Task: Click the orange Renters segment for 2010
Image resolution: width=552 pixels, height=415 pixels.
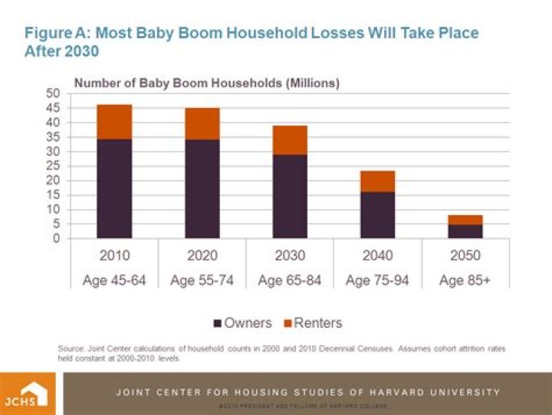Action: [x=113, y=122]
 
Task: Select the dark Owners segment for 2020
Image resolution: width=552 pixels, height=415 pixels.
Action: [x=202, y=188]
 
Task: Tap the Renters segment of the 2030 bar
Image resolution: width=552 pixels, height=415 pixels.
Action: [x=289, y=140]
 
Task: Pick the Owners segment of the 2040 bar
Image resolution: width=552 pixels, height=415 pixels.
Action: [x=377, y=215]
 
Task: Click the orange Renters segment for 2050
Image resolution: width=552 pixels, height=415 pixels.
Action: [x=465, y=220]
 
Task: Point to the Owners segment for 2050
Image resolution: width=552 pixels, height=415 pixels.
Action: [x=465, y=231]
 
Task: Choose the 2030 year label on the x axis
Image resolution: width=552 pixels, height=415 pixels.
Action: [x=289, y=256]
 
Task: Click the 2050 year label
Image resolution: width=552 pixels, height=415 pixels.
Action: [x=465, y=256]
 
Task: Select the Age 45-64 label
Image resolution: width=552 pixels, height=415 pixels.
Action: [x=113, y=280]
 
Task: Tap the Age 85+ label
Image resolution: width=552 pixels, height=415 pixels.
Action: [x=465, y=280]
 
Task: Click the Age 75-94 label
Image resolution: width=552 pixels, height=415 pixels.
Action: [x=377, y=280]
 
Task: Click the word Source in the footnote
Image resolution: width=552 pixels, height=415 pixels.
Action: [x=71, y=348]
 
